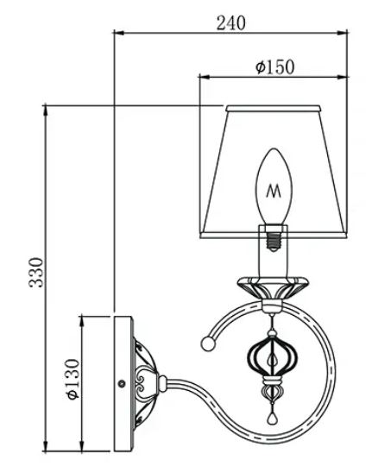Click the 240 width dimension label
231,23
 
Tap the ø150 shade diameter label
274,67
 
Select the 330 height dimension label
36,272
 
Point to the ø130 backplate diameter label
73,379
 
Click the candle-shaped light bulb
274,186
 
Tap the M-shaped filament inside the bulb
274,191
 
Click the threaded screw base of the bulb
274,238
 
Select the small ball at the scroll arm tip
208,343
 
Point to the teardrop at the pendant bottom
271,419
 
